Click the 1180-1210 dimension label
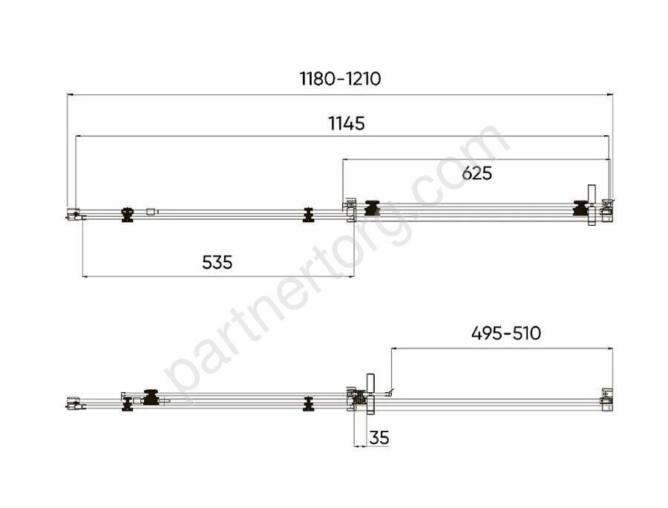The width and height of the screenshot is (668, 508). [x=340, y=79]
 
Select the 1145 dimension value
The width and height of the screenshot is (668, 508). [x=347, y=123]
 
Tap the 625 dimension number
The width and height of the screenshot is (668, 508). [x=477, y=174]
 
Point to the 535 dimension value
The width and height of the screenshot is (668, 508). [x=217, y=262]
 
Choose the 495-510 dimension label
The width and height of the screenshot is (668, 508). [x=506, y=333]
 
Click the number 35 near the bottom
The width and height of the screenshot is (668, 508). [x=379, y=437]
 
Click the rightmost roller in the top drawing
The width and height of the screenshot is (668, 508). [x=580, y=208]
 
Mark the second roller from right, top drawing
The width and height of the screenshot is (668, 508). [x=373, y=208]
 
